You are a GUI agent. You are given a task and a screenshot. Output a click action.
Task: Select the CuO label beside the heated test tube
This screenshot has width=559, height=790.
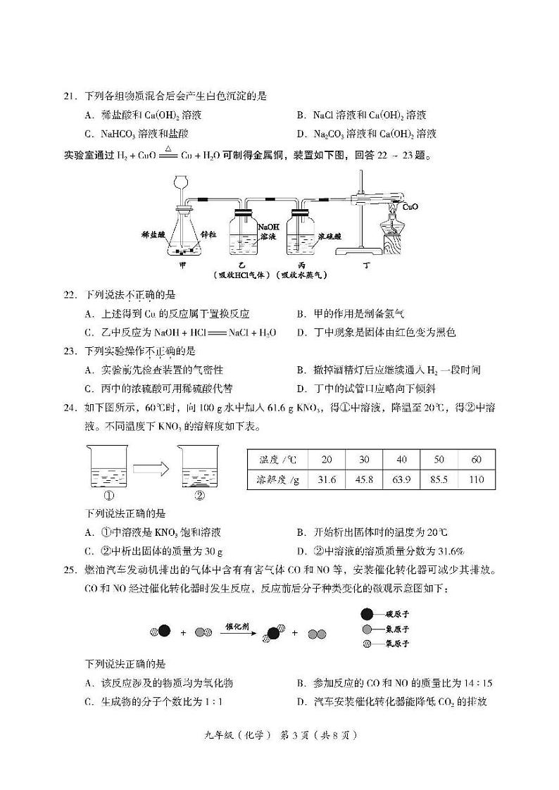point(410,207)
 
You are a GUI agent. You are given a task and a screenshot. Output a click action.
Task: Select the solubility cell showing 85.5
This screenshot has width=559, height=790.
point(439,480)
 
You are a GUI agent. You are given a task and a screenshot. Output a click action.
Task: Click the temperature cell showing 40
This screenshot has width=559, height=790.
point(401,460)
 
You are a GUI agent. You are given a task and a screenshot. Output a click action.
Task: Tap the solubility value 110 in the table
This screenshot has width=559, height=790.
point(477,480)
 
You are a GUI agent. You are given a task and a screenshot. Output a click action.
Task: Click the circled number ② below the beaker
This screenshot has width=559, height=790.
point(199,495)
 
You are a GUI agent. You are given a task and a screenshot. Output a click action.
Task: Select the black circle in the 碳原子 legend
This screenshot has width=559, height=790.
point(366,614)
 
